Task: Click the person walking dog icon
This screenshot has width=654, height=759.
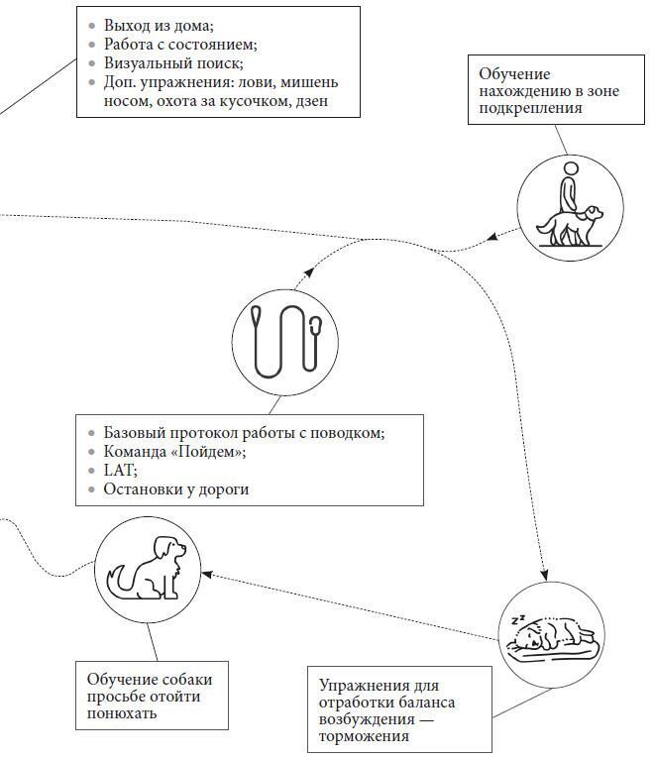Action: coord(570,209)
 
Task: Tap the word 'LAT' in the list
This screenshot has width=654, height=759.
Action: coord(119,471)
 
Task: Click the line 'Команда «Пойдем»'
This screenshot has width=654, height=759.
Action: coord(174,452)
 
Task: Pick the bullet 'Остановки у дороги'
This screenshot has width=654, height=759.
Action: coord(175,489)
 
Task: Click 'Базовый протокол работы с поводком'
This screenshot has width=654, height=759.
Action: coord(244,433)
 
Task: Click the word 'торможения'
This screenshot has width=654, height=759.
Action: coord(364,738)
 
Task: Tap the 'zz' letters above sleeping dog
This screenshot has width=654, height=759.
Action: coord(517,620)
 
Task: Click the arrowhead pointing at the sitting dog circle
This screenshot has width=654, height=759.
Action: coord(207,573)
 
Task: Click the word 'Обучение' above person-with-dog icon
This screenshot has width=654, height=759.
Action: coord(514,74)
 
